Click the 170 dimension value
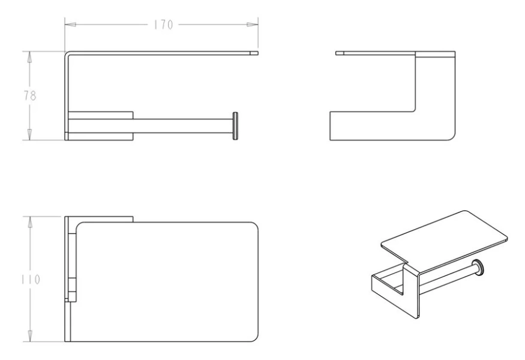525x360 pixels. coord(163,25)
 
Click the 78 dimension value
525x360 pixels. coord(30,96)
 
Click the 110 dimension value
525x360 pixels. coord(31,279)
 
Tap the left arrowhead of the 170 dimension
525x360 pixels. coord(70,25)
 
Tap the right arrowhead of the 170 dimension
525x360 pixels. coord(253,25)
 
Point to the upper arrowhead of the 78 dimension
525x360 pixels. coord(30,57)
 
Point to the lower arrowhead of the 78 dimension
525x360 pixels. coord(30,134)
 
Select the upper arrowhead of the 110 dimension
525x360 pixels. coord(30,222)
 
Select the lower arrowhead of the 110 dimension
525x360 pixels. coord(30,336)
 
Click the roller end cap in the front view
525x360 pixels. coord(235,126)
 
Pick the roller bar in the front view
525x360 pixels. coord(183,126)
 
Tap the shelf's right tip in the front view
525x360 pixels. coord(258,53)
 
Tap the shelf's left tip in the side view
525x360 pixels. coord(336,53)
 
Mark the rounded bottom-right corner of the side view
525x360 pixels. coord(452,137)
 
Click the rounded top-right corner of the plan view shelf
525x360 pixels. coord(254,226)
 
